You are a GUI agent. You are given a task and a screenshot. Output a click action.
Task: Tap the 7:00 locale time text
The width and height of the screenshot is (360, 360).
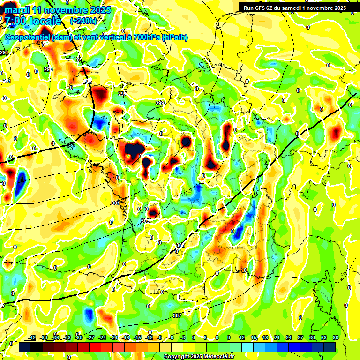tap(33, 21)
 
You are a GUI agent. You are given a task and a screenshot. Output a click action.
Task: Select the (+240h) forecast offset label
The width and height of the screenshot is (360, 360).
tap(83, 21)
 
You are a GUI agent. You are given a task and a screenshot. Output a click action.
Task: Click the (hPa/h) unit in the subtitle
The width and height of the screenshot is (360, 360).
tap(174, 37)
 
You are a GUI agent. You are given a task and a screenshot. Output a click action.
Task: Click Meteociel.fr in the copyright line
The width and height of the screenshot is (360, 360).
tap(215, 357)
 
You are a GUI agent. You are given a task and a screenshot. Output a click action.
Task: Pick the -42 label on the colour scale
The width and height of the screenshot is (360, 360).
tap(32, 337)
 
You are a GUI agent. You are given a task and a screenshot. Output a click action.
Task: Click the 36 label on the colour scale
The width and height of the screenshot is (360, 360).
tap(335, 337)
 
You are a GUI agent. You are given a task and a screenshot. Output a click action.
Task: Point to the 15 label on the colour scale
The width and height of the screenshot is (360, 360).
tap(254, 337)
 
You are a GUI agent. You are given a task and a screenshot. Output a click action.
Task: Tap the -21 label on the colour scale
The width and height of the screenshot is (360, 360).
tap(114, 337)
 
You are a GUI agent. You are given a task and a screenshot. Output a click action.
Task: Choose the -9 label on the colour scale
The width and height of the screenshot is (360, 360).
tap(160, 337)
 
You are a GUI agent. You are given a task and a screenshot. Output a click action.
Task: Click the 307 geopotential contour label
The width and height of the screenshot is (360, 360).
tap(177, 315)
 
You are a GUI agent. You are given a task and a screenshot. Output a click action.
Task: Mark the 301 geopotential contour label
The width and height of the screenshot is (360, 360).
tap(116, 203)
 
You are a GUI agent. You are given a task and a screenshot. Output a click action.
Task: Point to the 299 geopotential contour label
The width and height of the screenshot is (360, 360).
tap(160, 103)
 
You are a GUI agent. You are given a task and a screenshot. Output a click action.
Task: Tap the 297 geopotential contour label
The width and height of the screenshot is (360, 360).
tap(122, 94)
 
